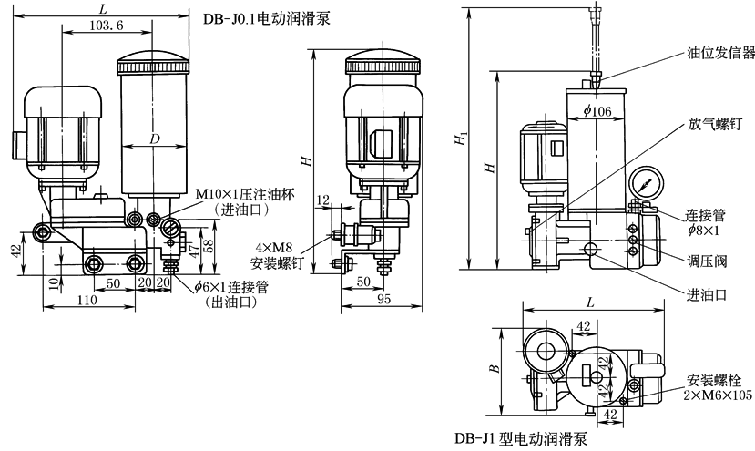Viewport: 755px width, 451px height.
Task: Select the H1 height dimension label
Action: pos(462,137)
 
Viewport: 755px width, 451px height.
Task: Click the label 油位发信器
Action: pos(719,53)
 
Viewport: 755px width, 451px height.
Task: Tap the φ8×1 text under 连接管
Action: pos(705,231)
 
